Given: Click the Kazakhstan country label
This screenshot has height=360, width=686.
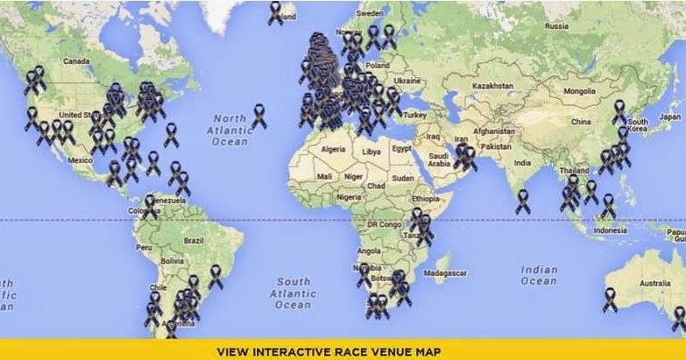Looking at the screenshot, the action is click(x=492, y=86).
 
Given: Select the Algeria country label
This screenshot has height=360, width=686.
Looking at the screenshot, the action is click(x=334, y=150).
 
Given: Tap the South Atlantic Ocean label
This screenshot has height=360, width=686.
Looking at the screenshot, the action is click(x=293, y=293).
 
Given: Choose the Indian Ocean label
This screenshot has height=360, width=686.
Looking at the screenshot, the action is click(x=538, y=275).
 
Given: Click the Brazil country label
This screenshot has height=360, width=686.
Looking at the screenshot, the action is click(x=194, y=240).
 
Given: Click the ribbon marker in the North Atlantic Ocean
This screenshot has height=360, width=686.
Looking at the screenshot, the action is click(x=259, y=115).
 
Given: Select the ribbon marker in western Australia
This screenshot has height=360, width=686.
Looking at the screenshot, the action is click(x=611, y=299).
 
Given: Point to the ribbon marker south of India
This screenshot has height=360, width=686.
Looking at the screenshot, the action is click(x=522, y=201).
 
